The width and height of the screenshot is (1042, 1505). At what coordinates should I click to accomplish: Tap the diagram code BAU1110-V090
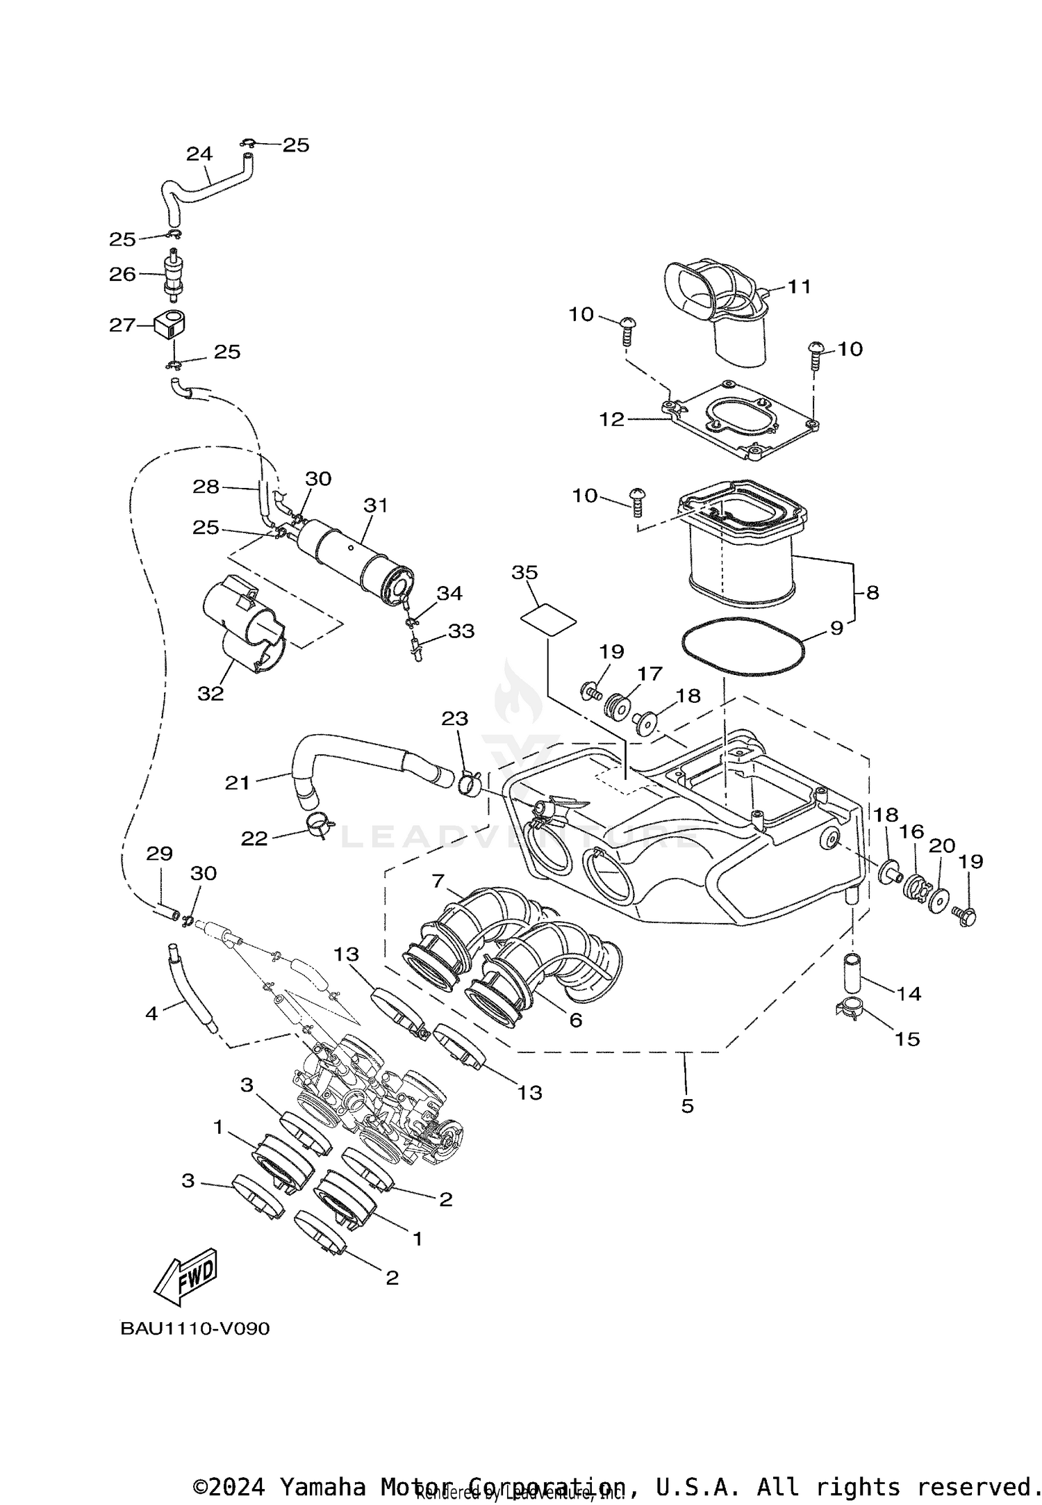(195, 1328)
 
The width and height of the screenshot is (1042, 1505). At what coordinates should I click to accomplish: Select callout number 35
(524, 572)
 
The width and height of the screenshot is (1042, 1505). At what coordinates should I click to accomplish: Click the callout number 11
(799, 286)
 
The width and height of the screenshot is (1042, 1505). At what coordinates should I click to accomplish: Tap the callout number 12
(612, 419)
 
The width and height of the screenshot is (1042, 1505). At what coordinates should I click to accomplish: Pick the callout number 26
(122, 274)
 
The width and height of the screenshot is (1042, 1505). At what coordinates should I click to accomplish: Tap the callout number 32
(210, 693)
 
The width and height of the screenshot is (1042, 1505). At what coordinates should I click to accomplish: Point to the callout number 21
(237, 783)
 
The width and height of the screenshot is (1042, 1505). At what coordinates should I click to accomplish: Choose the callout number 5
(687, 1105)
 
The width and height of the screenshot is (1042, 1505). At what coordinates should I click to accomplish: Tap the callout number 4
(151, 1014)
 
